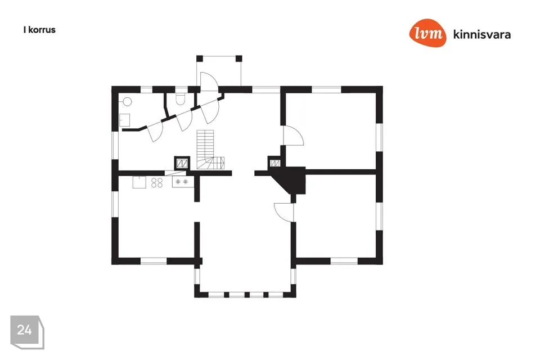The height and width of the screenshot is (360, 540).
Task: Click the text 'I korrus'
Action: [39, 30]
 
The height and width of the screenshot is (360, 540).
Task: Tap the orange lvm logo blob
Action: [427, 33]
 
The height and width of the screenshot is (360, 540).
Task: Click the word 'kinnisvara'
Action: [482, 34]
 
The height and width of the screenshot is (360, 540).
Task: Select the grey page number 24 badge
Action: [27, 332]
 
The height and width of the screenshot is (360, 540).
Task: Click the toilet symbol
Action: [181, 98]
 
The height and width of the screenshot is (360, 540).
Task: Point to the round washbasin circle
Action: [128, 102]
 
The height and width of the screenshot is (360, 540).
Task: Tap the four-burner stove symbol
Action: [157, 183]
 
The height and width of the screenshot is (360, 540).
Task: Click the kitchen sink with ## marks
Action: [182, 182]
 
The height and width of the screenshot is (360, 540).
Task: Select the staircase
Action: [210, 150]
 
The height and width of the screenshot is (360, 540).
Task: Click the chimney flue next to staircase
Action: [182, 163]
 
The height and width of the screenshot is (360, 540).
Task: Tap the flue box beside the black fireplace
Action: [275, 163]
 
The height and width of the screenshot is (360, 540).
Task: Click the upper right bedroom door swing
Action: [293, 136]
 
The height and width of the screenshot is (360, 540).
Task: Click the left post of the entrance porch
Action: [200, 58]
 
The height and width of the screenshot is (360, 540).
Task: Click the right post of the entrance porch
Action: [238, 58]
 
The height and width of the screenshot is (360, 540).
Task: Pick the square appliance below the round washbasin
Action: [125, 120]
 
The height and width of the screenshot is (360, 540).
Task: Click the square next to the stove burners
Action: [139, 182]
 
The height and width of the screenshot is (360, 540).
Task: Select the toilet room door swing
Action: [184, 120]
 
